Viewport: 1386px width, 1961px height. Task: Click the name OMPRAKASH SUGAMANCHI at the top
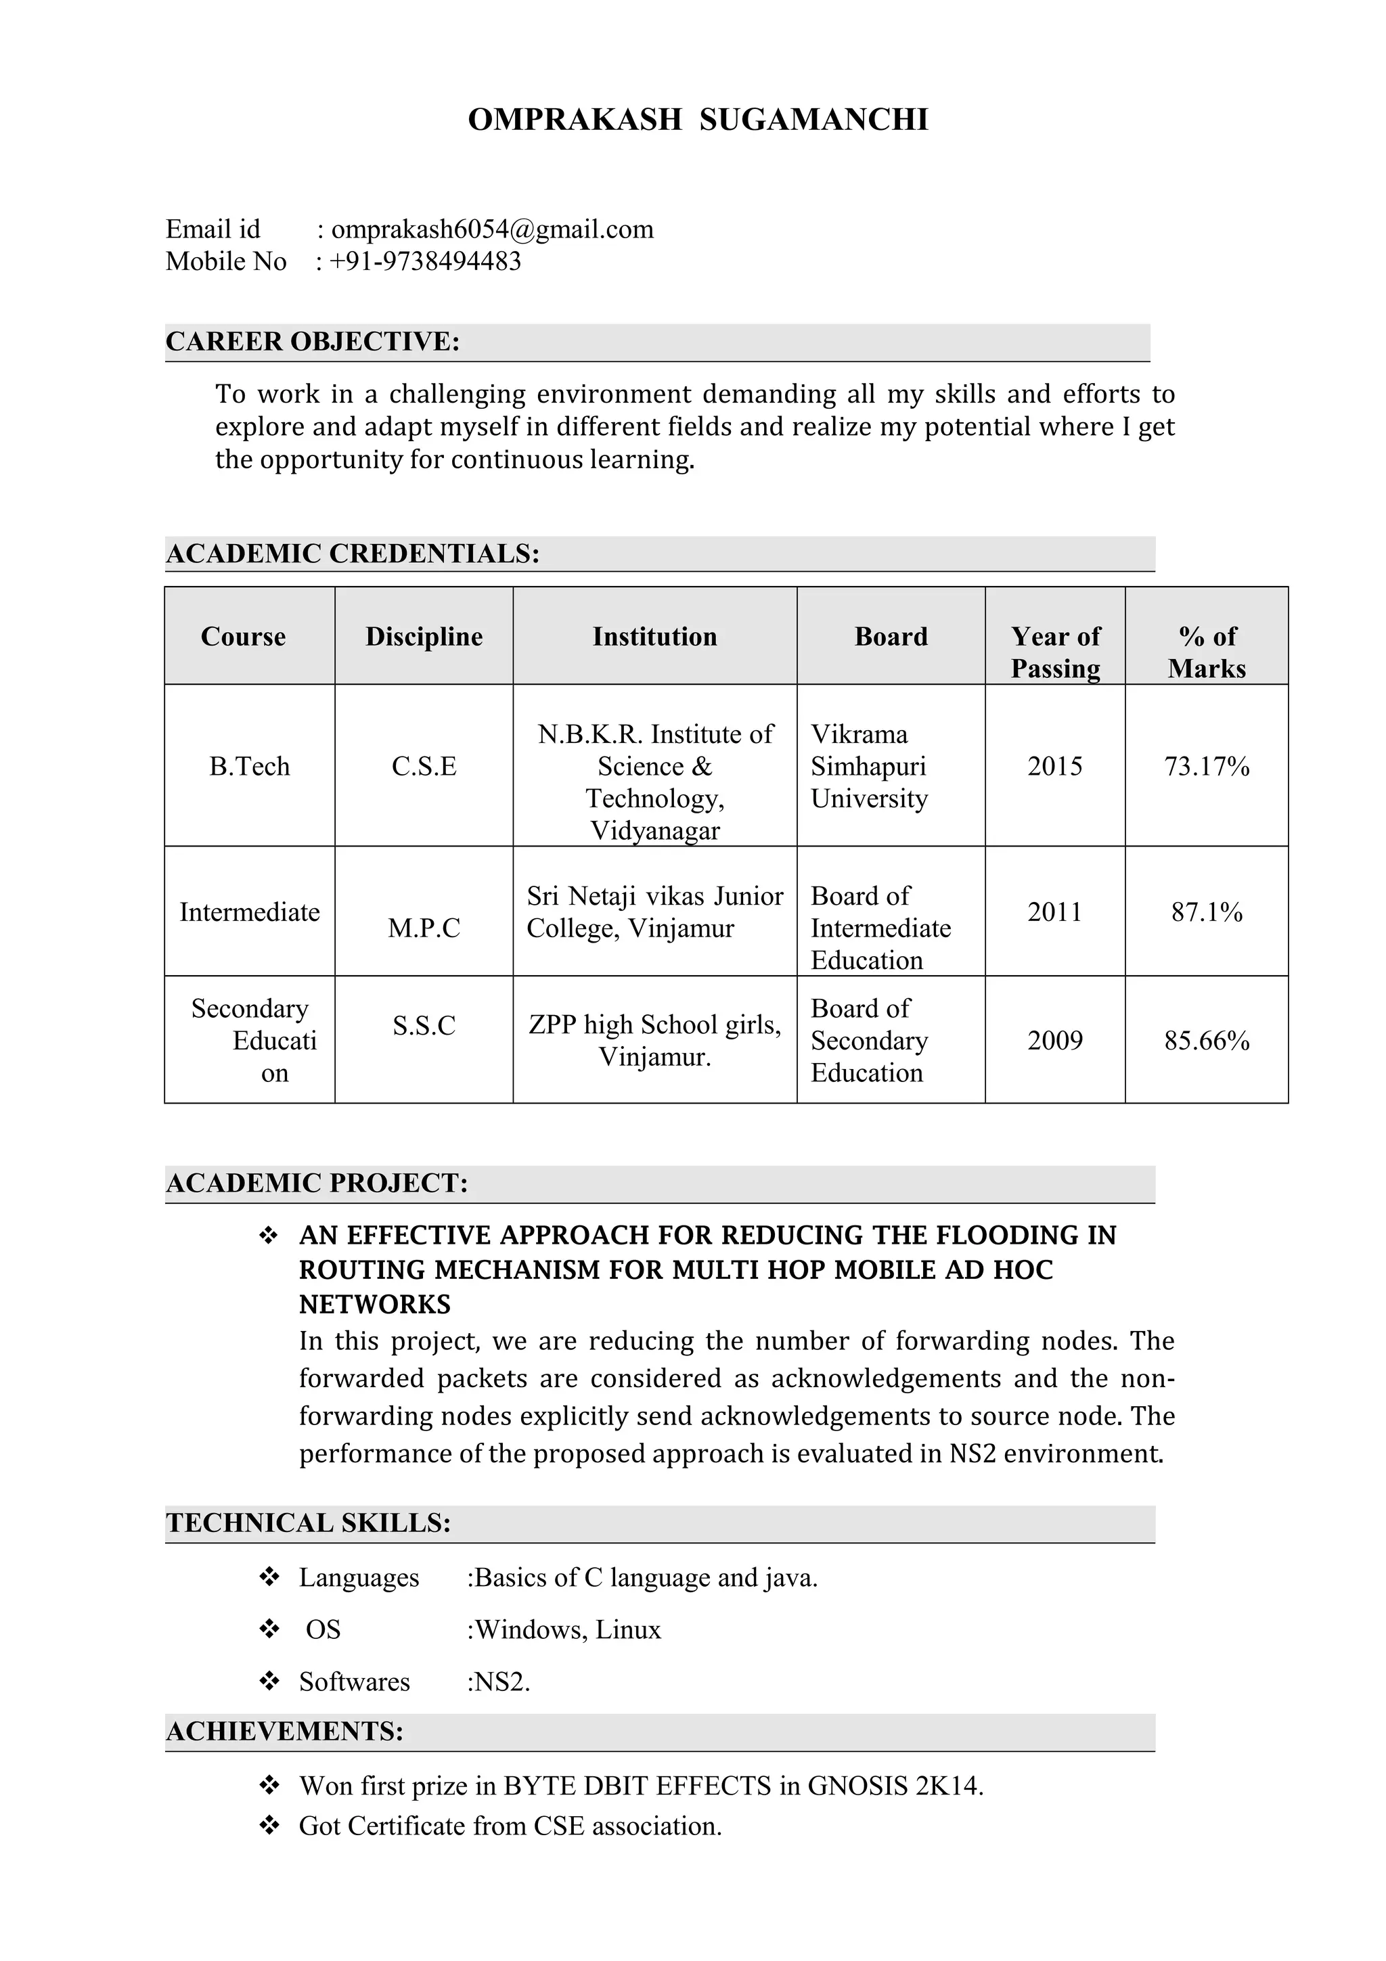(698, 120)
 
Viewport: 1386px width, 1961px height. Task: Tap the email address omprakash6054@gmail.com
(492, 229)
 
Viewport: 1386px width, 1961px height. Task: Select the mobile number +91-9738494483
(424, 261)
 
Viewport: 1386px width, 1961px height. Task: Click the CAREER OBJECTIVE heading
(313, 342)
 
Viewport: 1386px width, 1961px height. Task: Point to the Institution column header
(654, 636)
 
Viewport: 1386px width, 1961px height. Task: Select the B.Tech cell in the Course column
(249, 766)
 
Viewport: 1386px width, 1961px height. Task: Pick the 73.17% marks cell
(1206, 766)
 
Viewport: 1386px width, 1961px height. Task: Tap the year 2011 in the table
(1054, 912)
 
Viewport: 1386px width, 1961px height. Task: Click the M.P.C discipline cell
(424, 928)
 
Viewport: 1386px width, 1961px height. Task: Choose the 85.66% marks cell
(1206, 1040)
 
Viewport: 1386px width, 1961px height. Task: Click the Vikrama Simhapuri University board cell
(868, 766)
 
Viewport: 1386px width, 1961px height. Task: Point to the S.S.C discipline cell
(424, 1025)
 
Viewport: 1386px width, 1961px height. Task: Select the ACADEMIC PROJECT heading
(317, 1183)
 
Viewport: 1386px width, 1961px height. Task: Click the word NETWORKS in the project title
(375, 1304)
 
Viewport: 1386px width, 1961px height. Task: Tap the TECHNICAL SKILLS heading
(309, 1523)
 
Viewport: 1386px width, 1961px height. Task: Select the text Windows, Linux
(568, 1629)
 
